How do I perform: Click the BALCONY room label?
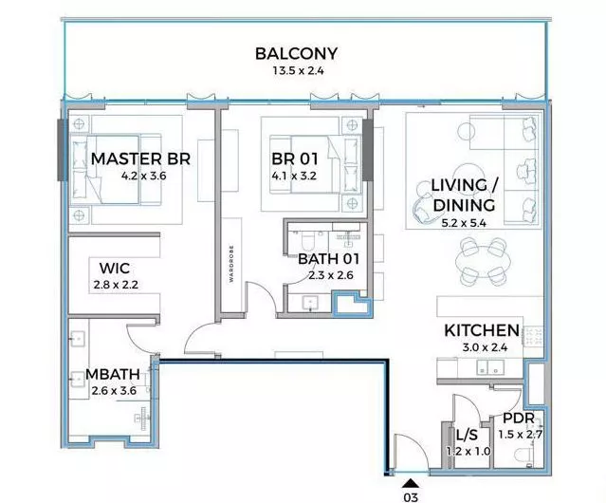click(x=297, y=54)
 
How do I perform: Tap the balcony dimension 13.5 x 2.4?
click(x=298, y=71)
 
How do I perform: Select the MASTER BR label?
click(x=140, y=158)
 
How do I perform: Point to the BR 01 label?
click(x=295, y=158)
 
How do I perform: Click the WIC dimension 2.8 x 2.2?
click(x=116, y=285)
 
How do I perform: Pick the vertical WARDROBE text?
click(x=231, y=263)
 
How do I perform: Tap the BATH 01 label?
click(x=329, y=259)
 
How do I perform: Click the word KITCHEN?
click(x=482, y=330)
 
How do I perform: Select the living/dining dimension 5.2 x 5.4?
click(x=464, y=223)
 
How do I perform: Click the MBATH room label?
click(x=113, y=374)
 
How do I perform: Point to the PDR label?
click(x=519, y=418)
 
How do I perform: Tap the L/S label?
click(x=467, y=436)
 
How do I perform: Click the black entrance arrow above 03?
click(x=411, y=483)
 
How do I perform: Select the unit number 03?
click(x=411, y=497)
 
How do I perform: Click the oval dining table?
click(x=483, y=263)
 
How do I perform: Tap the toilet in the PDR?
click(x=526, y=456)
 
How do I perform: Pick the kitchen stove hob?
click(x=533, y=336)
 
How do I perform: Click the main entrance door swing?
click(x=411, y=453)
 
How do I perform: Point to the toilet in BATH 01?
click(x=308, y=240)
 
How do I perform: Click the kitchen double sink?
click(x=489, y=367)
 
